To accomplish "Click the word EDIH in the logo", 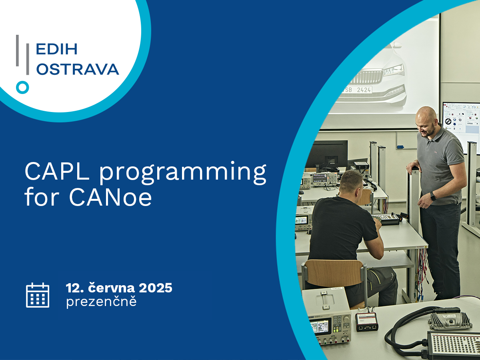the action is tap(57, 49).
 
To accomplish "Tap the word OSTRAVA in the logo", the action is tap(78, 69).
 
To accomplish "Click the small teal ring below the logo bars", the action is tap(22, 88).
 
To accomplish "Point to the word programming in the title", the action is tap(183, 173).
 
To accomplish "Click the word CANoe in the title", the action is tap(110, 197).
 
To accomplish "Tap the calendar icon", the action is tap(38, 295).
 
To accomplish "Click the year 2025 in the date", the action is tap(156, 288).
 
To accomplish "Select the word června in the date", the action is tap(111, 288).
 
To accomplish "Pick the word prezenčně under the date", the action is tap(102, 302).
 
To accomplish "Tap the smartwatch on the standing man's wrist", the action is tap(433, 196).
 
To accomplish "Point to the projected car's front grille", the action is tap(367, 76).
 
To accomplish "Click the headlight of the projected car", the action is tap(394, 70).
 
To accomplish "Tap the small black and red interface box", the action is tap(366, 322).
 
